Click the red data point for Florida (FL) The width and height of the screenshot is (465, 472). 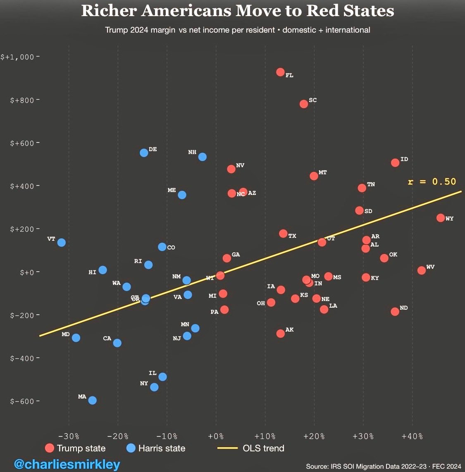click(x=280, y=72)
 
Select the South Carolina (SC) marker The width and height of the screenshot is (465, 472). click(x=304, y=104)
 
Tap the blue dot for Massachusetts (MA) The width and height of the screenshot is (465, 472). click(x=93, y=400)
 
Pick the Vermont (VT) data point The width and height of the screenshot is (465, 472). click(x=62, y=242)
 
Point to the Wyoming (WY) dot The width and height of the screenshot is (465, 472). click(x=441, y=218)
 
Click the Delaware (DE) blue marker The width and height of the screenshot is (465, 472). click(x=144, y=153)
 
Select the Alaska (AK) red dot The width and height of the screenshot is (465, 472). click(x=281, y=333)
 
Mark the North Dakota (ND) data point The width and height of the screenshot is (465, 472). click(x=395, y=311)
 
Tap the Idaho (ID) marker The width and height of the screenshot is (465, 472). click(x=395, y=163)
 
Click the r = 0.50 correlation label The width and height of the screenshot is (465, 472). click(x=432, y=182)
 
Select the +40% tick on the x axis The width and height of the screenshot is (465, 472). click(x=412, y=436)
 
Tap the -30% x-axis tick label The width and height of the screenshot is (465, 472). click(x=69, y=436)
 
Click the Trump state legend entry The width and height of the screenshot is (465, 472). click(x=75, y=448)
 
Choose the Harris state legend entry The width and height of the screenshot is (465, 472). click(x=156, y=448)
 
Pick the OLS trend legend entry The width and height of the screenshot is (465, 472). click(x=251, y=448)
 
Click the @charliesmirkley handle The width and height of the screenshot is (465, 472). click(x=67, y=464)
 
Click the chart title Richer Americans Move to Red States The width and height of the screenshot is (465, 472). click(x=238, y=11)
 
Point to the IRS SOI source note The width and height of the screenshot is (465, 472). click(x=383, y=466)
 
